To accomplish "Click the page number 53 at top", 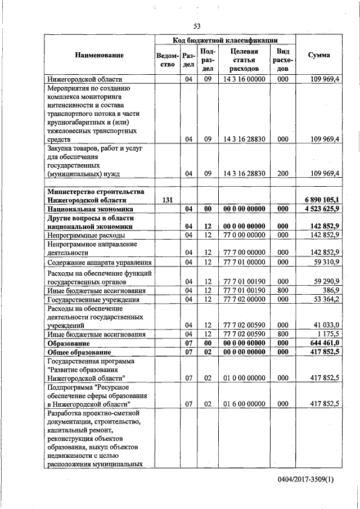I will (197, 26).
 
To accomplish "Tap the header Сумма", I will (319, 55).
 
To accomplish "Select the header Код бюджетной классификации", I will (225, 40).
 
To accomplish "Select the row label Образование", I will (69, 342).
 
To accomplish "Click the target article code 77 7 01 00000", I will (244, 262).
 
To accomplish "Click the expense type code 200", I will (283, 173).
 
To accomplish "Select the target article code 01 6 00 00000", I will (244, 403).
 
